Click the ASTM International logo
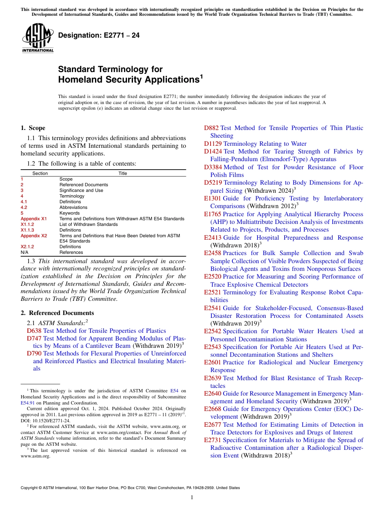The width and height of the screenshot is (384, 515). click(38, 38)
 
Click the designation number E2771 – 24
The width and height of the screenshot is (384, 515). click(99, 35)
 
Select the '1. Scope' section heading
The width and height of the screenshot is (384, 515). click(33, 128)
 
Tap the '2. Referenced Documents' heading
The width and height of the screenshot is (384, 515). click(57, 313)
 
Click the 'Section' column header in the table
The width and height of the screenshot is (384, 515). click(40, 173)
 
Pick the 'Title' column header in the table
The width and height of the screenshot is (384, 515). click(122, 173)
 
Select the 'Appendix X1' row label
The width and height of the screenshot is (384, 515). click(34, 219)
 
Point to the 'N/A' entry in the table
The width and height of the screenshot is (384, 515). click(24, 252)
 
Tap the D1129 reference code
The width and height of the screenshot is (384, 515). click(213, 144)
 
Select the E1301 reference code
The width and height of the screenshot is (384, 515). click(213, 198)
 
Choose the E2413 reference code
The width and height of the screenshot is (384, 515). click(213, 238)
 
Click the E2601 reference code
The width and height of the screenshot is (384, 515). click(213, 362)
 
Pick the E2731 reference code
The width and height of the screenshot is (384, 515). click(213, 440)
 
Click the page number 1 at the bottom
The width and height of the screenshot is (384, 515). click(192, 498)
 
